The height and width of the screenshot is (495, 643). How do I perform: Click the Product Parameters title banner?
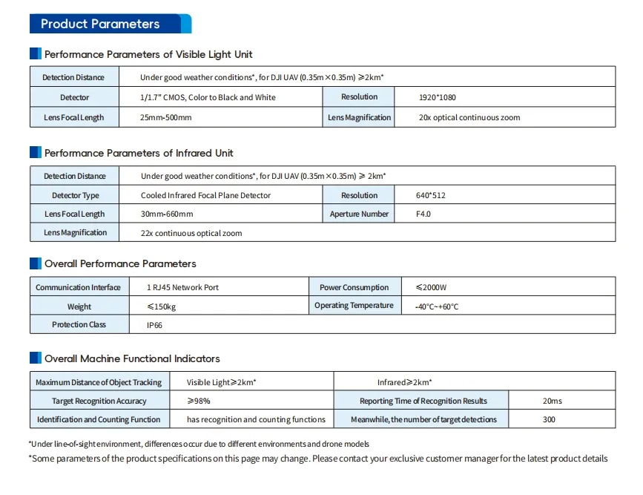coord(110,24)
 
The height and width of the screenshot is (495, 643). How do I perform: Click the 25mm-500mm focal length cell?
coord(166,118)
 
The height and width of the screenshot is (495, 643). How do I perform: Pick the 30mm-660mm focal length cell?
coord(167,214)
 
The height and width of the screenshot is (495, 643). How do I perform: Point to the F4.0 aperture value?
coord(423,214)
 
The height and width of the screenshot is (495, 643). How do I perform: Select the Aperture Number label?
coord(359,214)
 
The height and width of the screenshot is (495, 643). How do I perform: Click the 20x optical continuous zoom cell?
coord(469,118)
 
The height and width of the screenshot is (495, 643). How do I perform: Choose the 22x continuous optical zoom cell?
coord(191,233)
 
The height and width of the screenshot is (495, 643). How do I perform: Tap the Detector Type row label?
coord(75,196)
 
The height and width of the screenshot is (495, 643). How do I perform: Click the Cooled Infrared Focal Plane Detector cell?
coord(205,196)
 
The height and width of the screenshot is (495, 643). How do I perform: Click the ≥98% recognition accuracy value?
coord(200,401)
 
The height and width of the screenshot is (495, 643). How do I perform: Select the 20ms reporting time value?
coord(553,401)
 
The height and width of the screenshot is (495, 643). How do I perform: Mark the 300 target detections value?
coord(550,420)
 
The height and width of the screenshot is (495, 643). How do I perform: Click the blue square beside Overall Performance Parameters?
coord(35,263)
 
